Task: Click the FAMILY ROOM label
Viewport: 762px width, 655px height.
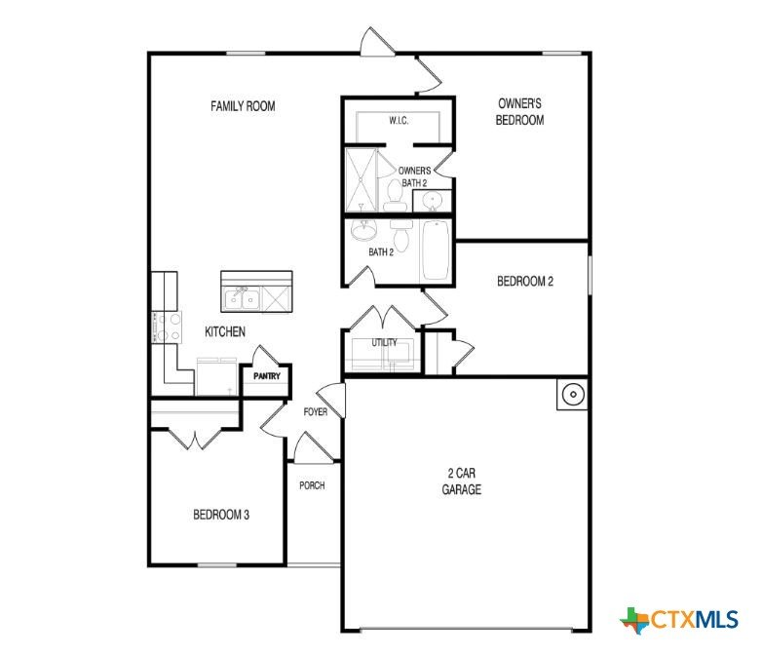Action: pyautogui.click(x=243, y=106)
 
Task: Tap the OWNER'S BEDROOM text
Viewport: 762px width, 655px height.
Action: pyautogui.click(x=519, y=112)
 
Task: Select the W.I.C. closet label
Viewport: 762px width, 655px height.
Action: pyautogui.click(x=399, y=121)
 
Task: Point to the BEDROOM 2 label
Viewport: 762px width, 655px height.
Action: pyautogui.click(x=525, y=281)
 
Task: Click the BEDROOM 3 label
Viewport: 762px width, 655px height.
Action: pyautogui.click(x=221, y=515)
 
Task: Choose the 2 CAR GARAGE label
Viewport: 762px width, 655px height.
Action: pyautogui.click(x=461, y=481)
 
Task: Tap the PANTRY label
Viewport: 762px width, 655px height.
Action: pyautogui.click(x=267, y=376)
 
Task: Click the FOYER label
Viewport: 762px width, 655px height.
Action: pyautogui.click(x=316, y=412)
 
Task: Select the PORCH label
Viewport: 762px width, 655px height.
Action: pyautogui.click(x=312, y=485)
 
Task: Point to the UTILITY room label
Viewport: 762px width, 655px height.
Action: pyautogui.click(x=384, y=342)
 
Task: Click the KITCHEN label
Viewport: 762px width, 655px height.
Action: pyautogui.click(x=225, y=331)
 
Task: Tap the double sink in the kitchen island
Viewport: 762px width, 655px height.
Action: pyautogui.click(x=241, y=298)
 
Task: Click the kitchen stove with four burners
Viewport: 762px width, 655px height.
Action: pyautogui.click(x=167, y=327)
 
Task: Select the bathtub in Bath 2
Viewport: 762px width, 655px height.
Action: pyautogui.click(x=436, y=250)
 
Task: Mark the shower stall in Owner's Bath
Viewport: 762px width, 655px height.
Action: pyautogui.click(x=362, y=179)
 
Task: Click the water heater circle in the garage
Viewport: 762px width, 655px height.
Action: pyautogui.click(x=573, y=394)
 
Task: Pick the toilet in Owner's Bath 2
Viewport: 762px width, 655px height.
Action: pyautogui.click(x=394, y=196)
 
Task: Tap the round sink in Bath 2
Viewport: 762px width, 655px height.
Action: pyautogui.click(x=363, y=230)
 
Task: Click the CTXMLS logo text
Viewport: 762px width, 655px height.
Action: pyautogui.click(x=694, y=620)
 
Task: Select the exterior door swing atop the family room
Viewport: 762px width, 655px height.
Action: pyautogui.click(x=377, y=41)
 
